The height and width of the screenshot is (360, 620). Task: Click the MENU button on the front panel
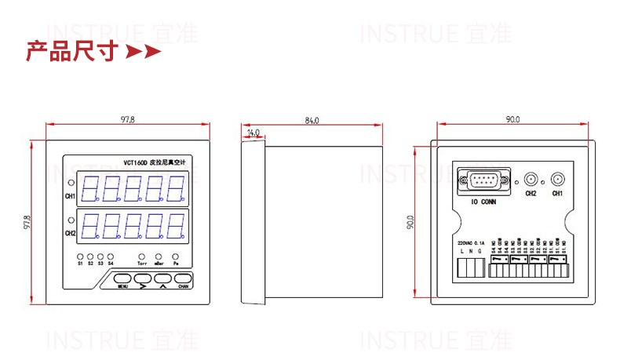coord(122,278)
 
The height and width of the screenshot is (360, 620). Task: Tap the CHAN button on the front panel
coord(183,278)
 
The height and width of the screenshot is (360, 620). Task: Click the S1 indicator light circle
coord(80,256)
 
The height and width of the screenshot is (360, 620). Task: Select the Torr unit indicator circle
coord(142,256)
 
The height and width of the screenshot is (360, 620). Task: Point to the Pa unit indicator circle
coord(176,256)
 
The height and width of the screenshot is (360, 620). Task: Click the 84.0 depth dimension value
coord(312,120)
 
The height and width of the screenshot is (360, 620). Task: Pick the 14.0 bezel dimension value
coord(253,133)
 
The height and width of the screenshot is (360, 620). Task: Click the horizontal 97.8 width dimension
coord(127,120)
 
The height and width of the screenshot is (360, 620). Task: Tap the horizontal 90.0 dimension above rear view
coord(512,120)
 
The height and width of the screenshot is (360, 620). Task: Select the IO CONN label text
coord(483,202)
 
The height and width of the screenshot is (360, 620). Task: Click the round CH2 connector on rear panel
coord(531,180)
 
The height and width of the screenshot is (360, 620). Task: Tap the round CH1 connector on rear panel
coord(557,180)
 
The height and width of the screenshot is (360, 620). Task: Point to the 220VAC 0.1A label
coord(471,243)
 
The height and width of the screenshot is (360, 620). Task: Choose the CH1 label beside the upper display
coord(71,195)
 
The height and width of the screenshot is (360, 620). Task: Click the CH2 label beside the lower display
coord(71,233)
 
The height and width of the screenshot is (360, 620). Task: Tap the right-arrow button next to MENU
coord(143,279)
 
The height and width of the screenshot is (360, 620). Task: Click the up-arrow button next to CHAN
coord(162,279)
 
